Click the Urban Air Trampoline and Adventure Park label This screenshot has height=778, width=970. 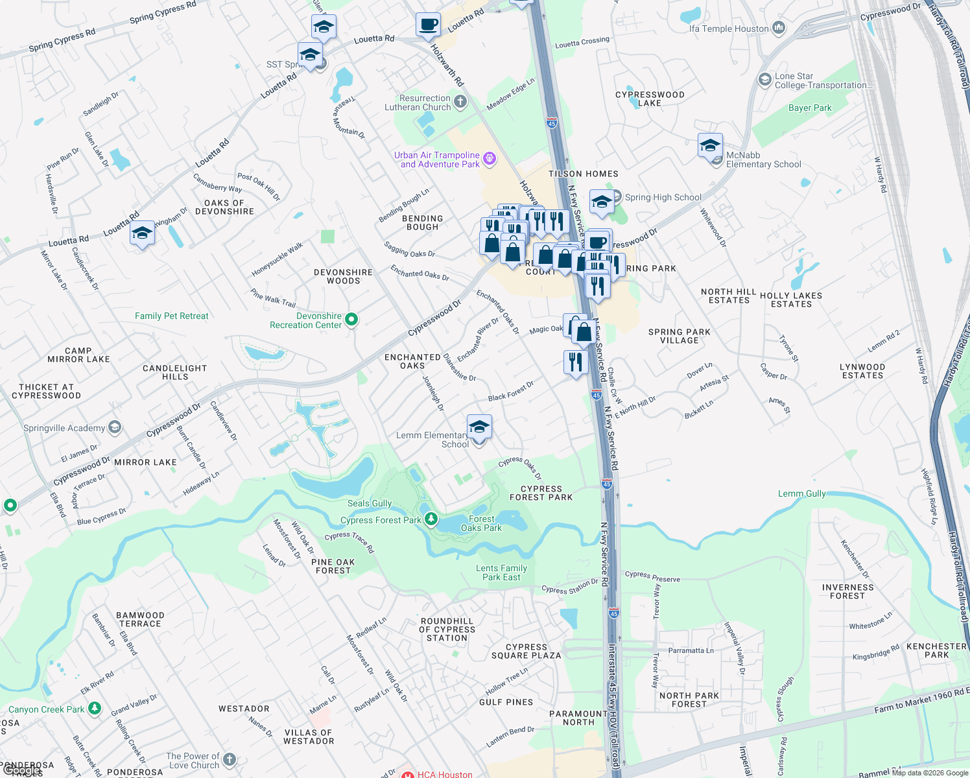pyautogui.click(x=436, y=159)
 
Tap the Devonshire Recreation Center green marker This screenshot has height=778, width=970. pyautogui.click(x=351, y=319)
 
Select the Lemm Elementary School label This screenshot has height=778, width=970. pyautogui.click(x=432, y=440)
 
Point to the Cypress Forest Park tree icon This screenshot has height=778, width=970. pyautogui.click(x=431, y=519)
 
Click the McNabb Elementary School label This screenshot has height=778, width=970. pyautogui.click(x=763, y=159)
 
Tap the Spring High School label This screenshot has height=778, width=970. pyautogui.click(x=663, y=197)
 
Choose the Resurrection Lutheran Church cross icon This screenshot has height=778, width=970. pyautogui.click(x=460, y=101)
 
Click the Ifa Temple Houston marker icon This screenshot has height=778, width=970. pyautogui.click(x=779, y=28)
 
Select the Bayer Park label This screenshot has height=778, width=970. pyautogui.click(x=810, y=108)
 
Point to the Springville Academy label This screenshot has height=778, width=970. pyautogui.click(x=64, y=428)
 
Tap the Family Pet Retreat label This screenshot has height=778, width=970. pyautogui.click(x=172, y=316)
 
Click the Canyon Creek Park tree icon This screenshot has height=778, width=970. pyautogui.click(x=95, y=708)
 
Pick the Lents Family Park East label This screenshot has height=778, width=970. pyautogui.click(x=501, y=572)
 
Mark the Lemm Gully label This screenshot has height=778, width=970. pyautogui.click(x=802, y=493)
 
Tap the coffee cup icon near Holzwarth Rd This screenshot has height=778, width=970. pyautogui.click(x=428, y=25)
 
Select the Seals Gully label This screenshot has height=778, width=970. pyautogui.click(x=370, y=503)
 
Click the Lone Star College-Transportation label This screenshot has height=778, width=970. pyautogui.click(x=823, y=80)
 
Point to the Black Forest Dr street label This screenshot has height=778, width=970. pyautogui.click(x=511, y=391)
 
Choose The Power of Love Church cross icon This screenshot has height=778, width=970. pyautogui.click(x=229, y=760)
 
